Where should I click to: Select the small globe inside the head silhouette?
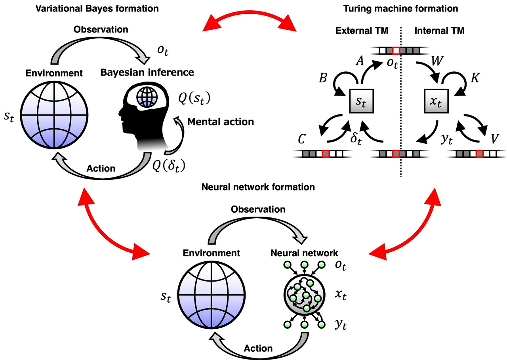(x=144, y=97)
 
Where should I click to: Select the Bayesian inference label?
(x=147, y=72)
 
